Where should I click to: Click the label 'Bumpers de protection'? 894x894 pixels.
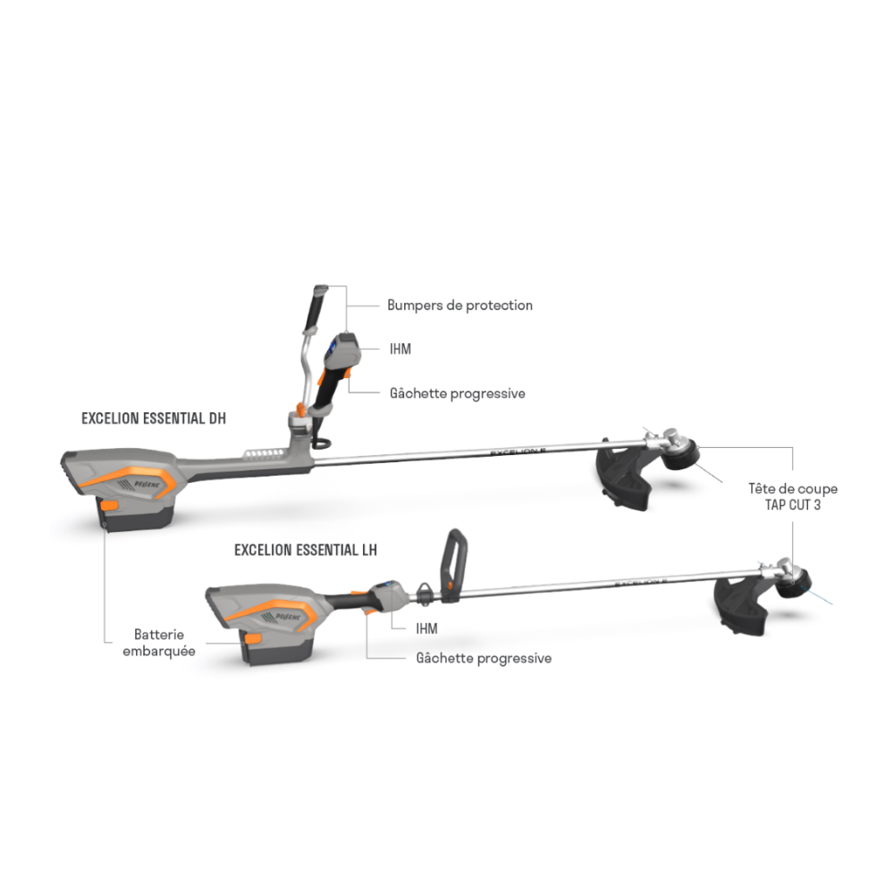coord(460,306)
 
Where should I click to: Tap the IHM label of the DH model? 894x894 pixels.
coord(401,349)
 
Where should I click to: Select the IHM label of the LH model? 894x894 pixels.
coord(426,628)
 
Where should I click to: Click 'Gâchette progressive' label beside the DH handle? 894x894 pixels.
coord(457,393)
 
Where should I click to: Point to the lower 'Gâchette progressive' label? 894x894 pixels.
coord(484,659)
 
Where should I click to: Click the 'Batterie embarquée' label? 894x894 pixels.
coord(159,643)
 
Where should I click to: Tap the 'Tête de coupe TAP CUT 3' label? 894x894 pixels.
coord(792,496)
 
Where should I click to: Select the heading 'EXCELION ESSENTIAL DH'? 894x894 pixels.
coord(154,418)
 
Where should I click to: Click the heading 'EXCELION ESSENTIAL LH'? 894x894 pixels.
coord(306,550)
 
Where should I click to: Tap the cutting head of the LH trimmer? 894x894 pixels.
coord(794,582)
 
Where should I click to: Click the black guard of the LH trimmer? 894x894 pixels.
coord(740,607)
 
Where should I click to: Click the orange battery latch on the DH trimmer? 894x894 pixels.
coord(108,505)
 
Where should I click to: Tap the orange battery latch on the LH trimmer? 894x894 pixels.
coord(253,638)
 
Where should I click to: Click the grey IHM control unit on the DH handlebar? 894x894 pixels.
coord(342,351)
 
